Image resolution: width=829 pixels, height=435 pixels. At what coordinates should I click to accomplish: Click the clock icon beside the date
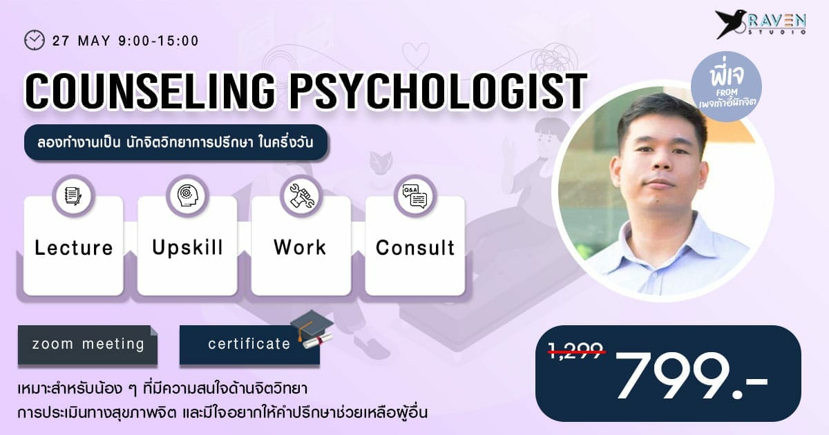pyautogui.click(x=35, y=40)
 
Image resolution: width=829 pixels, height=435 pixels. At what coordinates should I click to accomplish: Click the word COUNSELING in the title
pyautogui.click(x=151, y=91)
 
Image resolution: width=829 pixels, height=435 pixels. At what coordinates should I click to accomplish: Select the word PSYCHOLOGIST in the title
pyautogui.click(x=438, y=91)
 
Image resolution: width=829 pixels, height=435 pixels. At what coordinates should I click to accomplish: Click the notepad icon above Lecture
pyautogui.click(x=73, y=195)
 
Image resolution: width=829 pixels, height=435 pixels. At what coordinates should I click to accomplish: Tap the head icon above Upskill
pyautogui.click(x=188, y=195)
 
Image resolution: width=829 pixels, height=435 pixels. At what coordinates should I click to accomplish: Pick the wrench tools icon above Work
pyautogui.click(x=302, y=195)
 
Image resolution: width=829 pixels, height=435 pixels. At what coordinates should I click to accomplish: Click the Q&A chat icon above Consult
pyautogui.click(x=415, y=195)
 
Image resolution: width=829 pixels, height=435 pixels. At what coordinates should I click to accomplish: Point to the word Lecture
pyautogui.click(x=74, y=248)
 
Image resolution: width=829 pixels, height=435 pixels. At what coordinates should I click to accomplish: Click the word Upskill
pyautogui.click(x=188, y=248)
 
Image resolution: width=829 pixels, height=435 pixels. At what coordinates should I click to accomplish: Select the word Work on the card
pyautogui.click(x=300, y=247)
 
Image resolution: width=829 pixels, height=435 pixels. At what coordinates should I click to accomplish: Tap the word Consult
pyautogui.click(x=415, y=248)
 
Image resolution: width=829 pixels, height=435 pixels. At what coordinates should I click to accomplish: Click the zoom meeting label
pyautogui.click(x=88, y=345)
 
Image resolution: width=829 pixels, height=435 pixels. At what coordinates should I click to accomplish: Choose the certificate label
pyautogui.click(x=249, y=345)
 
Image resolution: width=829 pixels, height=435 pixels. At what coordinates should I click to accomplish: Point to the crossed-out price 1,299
pyautogui.click(x=576, y=350)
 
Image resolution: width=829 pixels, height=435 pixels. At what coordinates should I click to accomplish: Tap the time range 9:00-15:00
pyautogui.click(x=159, y=41)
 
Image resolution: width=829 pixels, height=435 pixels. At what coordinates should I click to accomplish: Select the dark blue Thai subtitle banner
pyautogui.click(x=176, y=142)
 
